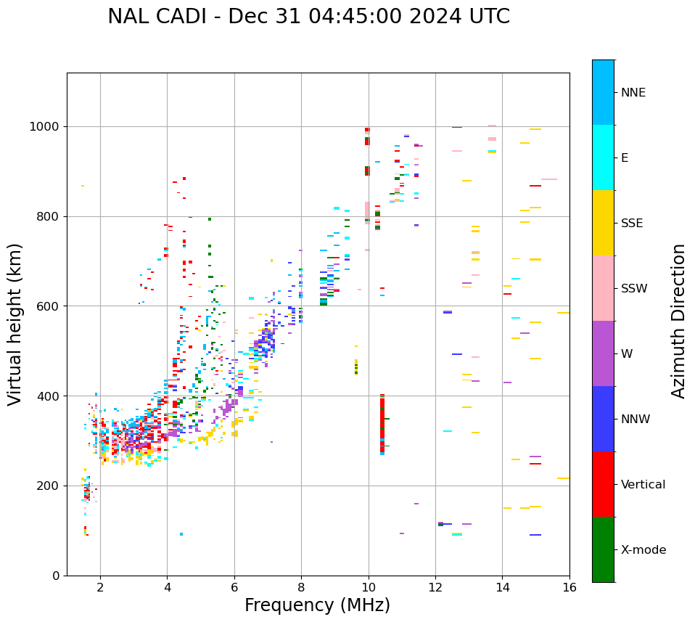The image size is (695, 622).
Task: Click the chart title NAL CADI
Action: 308,17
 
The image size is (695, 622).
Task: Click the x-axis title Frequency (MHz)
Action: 317,605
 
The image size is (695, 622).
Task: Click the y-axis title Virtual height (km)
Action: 15,324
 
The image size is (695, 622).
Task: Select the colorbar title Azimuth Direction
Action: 678,320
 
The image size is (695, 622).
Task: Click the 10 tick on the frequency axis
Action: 369,586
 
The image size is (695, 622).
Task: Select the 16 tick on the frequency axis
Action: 569,586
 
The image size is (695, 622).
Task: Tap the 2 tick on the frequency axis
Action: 100,586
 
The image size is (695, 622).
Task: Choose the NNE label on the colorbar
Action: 633,93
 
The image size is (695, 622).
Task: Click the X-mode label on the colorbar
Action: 643,550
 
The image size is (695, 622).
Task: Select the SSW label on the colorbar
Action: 634,289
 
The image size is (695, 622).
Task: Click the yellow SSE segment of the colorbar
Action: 603,223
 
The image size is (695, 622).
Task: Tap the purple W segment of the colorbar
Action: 603,353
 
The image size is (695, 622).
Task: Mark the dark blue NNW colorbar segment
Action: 603,419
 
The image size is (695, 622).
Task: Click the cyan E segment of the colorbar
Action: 603,157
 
